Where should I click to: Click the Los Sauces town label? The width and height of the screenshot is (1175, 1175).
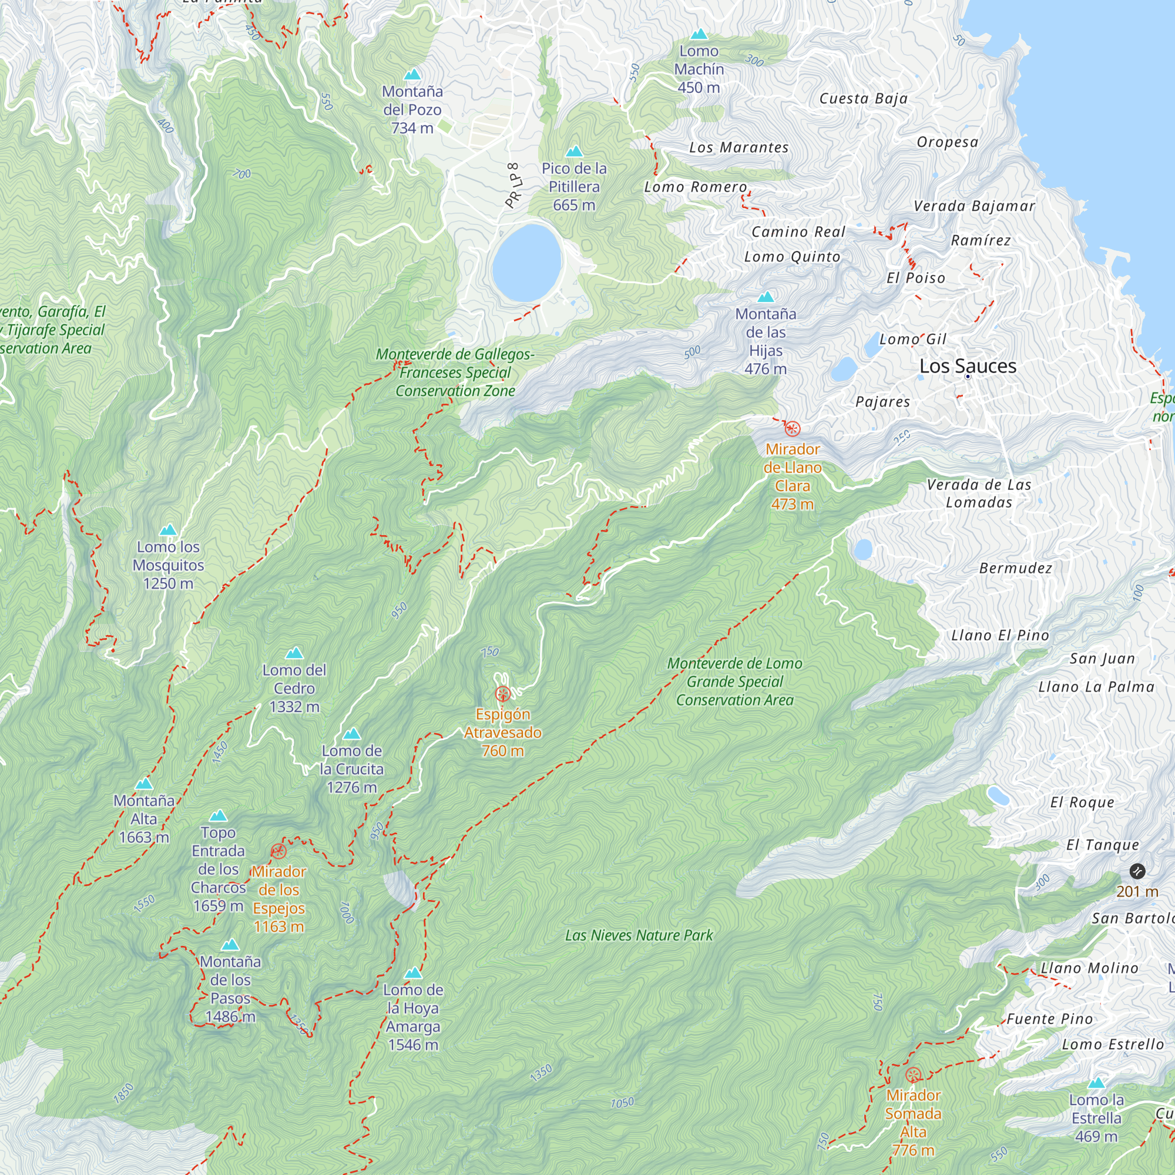coord(967,366)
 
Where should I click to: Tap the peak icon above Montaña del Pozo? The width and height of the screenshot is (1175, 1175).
coord(412,75)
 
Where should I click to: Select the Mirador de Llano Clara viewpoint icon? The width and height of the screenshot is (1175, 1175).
coord(792,429)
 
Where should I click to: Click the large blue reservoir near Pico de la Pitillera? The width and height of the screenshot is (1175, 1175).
coord(526,263)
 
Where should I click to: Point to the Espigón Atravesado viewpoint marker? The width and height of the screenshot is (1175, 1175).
coord(502,693)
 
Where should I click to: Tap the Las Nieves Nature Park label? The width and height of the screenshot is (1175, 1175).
coord(639,935)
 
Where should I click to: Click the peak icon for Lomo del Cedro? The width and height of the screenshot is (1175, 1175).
coord(294,653)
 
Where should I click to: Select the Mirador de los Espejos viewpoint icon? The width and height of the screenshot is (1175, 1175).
coord(278,851)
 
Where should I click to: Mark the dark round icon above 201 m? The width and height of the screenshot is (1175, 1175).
coord(1137,871)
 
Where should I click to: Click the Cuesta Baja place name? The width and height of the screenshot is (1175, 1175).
coord(863,99)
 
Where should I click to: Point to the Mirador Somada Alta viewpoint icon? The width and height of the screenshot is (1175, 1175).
coord(912,1075)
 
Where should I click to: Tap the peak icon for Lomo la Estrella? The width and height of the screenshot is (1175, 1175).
coord(1096,1083)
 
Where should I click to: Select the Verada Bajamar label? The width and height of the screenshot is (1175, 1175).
coord(973,206)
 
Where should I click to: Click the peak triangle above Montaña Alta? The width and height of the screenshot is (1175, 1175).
coord(144,784)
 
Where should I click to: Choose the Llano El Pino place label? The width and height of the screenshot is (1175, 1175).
coord(1000,636)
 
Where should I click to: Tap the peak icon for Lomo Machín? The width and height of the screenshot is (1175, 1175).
coord(699,34)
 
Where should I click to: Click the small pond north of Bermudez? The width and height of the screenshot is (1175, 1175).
coord(862,550)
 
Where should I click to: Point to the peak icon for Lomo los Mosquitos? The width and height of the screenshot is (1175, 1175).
coord(168,530)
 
